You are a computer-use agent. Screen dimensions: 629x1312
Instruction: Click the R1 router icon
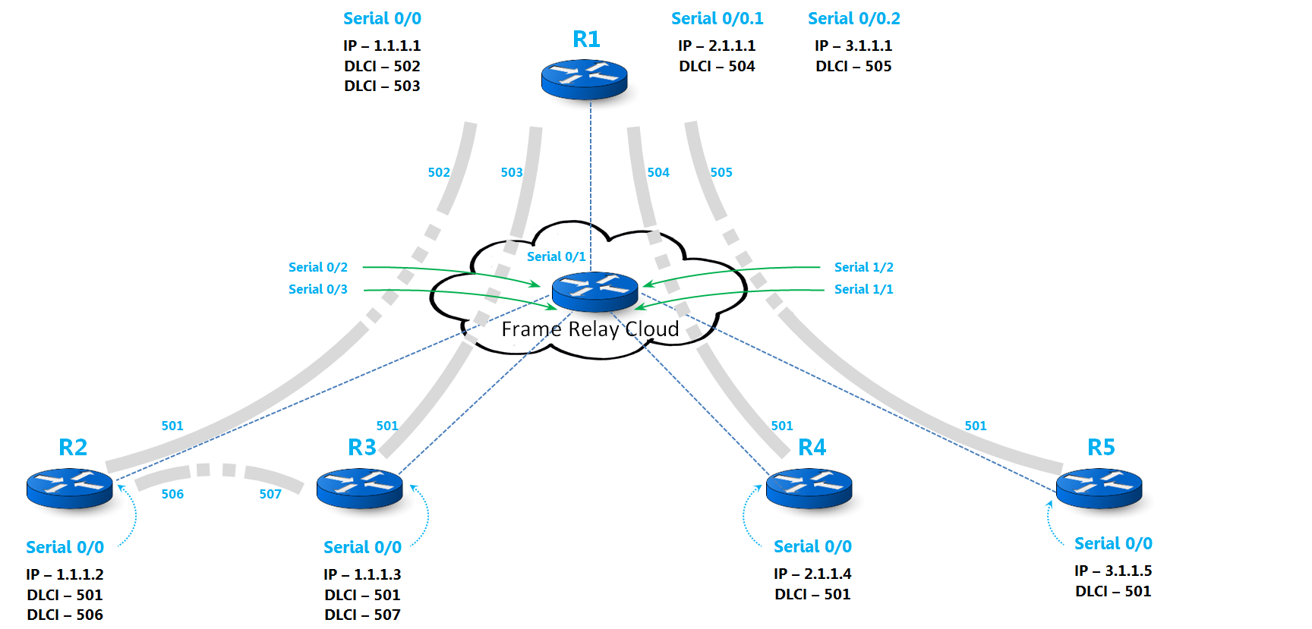(x=584, y=79)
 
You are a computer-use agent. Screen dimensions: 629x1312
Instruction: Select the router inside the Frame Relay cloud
(x=594, y=291)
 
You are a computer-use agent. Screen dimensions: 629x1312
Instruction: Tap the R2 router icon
(x=69, y=488)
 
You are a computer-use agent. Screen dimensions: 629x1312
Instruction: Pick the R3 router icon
(x=359, y=488)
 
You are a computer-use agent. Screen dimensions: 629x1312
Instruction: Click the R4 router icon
(x=809, y=488)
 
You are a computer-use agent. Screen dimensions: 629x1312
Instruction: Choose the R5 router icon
(x=1099, y=488)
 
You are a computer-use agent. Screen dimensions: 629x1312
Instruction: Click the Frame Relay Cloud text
(x=590, y=329)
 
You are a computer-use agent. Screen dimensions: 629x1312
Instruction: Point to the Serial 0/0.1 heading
(x=717, y=18)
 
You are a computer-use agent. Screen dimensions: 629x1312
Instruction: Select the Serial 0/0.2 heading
(x=853, y=18)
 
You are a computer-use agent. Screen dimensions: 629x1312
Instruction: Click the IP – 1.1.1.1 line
(x=382, y=46)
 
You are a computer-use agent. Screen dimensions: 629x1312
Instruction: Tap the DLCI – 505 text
(x=853, y=66)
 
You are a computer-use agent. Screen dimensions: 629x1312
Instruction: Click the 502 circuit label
(x=439, y=172)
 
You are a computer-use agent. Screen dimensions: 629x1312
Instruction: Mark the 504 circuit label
(x=658, y=172)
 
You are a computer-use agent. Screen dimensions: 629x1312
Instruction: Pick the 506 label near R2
(x=172, y=494)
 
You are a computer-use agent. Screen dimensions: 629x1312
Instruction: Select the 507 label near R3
(x=270, y=494)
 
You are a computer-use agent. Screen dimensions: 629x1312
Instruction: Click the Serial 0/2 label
(x=318, y=267)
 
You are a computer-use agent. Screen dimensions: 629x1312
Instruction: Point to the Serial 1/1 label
(x=863, y=289)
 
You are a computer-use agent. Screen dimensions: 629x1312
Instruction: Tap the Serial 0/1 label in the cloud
(x=556, y=256)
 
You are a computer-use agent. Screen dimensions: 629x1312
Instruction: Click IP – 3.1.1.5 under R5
(x=1113, y=571)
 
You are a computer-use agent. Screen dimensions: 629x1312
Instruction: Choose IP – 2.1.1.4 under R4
(x=812, y=574)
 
